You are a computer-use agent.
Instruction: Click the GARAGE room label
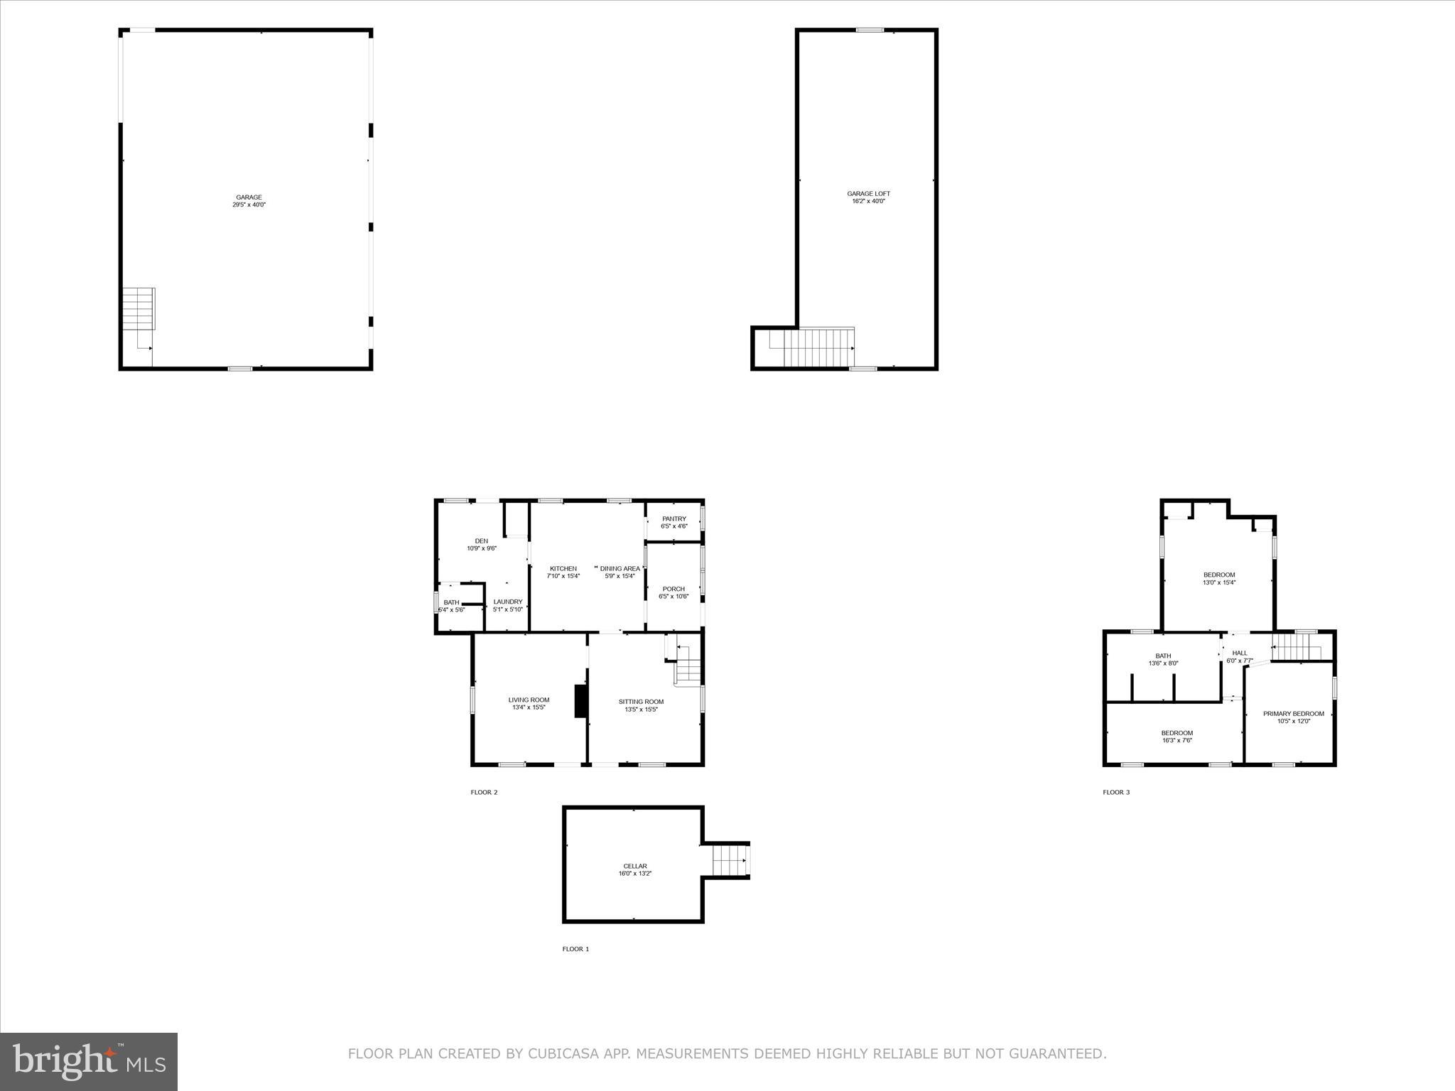click(249, 197)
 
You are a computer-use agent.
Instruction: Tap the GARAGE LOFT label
click(868, 194)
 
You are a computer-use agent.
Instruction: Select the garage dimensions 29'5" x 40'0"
click(249, 205)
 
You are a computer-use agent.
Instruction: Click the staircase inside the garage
click(139, 308)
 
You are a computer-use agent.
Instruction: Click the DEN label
click(482, 541)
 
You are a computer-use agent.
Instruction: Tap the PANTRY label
click(674, 519)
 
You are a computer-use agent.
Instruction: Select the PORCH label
click(674, 589)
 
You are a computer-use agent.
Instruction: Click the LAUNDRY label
click(508, 602)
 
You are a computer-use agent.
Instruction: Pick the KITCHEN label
click(563, 568)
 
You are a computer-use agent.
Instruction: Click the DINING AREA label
click(620, 568)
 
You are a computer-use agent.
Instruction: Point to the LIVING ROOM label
click(529, 700)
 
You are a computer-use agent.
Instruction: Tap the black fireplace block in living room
click(580, 701)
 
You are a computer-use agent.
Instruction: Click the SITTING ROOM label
click(641, 702)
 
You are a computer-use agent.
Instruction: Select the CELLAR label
click(635, 866)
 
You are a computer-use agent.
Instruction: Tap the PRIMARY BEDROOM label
click(1293, 714)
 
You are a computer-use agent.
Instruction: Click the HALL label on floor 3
click(1240, 653)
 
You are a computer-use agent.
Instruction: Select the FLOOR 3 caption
click(1116, 792)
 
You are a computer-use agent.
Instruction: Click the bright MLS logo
click(89, 1062)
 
